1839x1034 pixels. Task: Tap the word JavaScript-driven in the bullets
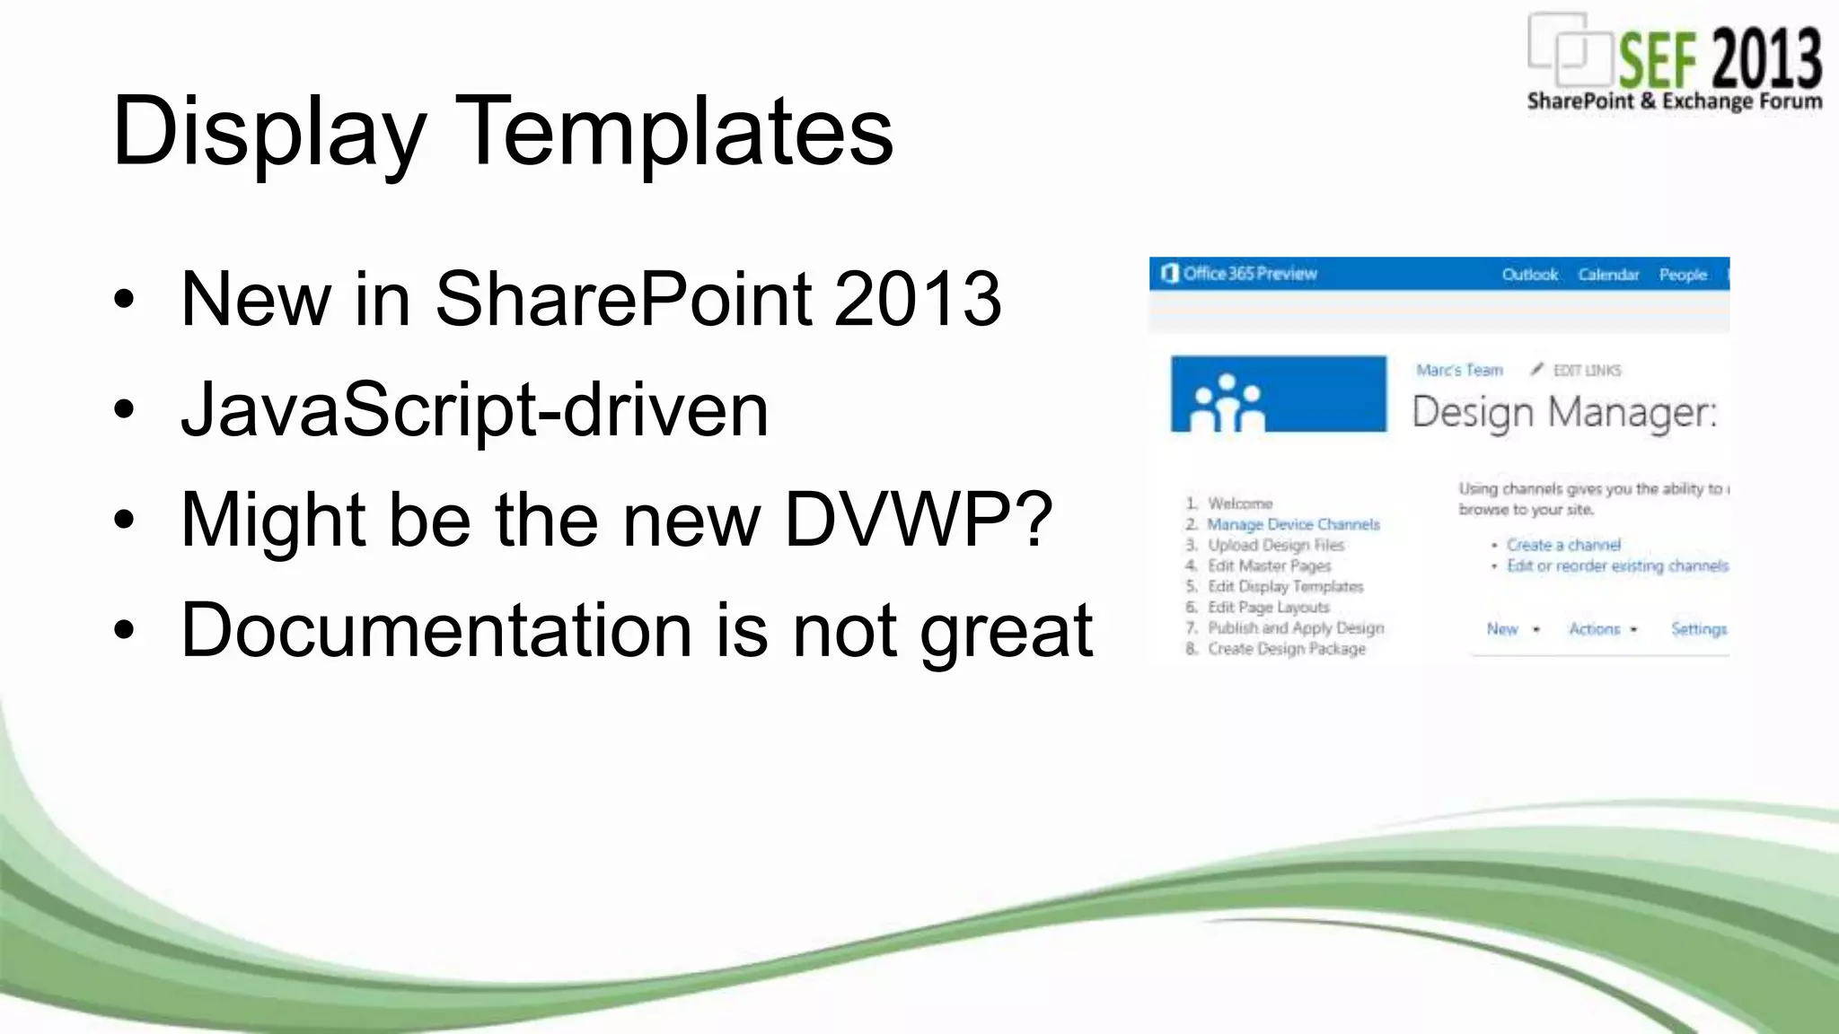[474, 409]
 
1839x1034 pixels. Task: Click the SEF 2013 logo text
[1719, 57]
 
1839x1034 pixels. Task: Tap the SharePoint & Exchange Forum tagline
[1675, 101]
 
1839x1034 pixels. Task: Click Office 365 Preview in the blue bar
[1249, 274]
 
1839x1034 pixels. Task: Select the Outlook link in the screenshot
[1529, 275]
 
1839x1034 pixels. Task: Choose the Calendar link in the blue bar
[1608, 275]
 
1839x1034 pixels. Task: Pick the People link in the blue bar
[1683, 275]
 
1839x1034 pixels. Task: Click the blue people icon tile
[1278, 394]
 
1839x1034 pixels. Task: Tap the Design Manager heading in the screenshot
[1563, 412]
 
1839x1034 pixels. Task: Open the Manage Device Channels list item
[1293, 524]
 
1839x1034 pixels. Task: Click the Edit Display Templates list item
[1285, 586]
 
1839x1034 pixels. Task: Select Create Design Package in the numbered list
[1286, 648]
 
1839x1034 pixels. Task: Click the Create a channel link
[1563, 545]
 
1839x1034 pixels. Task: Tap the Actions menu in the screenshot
[1595, 629]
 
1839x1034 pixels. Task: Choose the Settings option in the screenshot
[1698, 629]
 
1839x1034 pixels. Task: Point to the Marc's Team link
[1459, 370]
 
